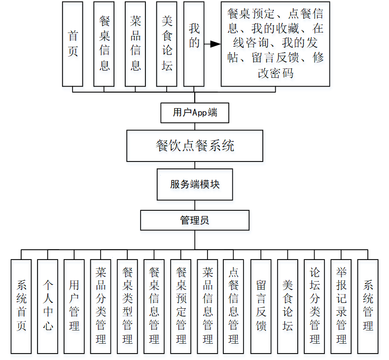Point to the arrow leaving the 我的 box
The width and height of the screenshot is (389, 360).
pyautogui.click(x=212, y=44)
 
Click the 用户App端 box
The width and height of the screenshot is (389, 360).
pyautogui.click(x=195, y=113)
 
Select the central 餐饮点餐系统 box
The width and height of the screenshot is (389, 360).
pyautogui.click(x=195, y=146)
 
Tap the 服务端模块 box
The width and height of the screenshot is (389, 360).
pyautogui.click(x=195, y=185)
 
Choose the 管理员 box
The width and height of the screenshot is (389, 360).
pyautogui.click(x=195, y=220)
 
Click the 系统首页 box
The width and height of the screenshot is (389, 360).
pyautogui.click(x=21, y=306)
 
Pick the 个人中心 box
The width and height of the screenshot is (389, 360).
pyautogui.click(x=48, y=306)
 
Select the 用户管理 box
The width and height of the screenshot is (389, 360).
pyautogui.click(x=74, y=306)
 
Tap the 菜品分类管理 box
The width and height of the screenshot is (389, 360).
pyautogui.click(x=101, y=306)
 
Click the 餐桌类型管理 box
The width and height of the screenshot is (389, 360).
pyautogui.click(x=127, y=306)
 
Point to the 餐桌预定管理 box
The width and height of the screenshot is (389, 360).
pyautogui.click(x=180, y=306)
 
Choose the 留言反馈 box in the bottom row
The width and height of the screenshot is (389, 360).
pyautogui.click(x=261, y=306)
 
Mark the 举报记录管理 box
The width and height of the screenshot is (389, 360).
pyautogui.click(x=341, y=306)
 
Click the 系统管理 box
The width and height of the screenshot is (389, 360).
pyautogui.click(x=367, y=306)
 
